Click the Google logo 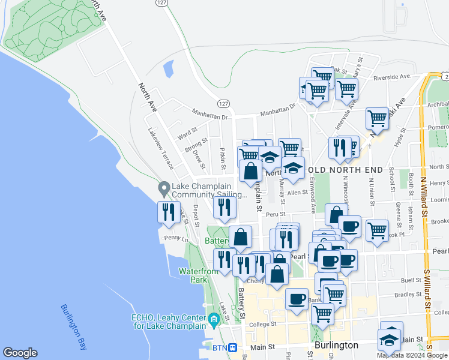pyautogui.click(x=20, y=353)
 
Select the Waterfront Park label pyautogui.click(x=193, y=275)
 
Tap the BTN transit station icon pyautogui.click(x=233, y=347)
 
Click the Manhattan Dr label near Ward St pyautogui.click(x=211, y=112)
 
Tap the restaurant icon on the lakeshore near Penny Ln pyautogui.click(x=169, y=212)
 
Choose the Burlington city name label pyautogui.click(x=336, y=346)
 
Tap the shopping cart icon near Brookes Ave pyautogui.click(x=377, y=230)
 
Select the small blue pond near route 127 pyautogui.click(x=169, y=68)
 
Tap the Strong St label pyautogui.click(x=196, y=146)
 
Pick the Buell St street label pyautogui.click(x=411, y=280)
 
